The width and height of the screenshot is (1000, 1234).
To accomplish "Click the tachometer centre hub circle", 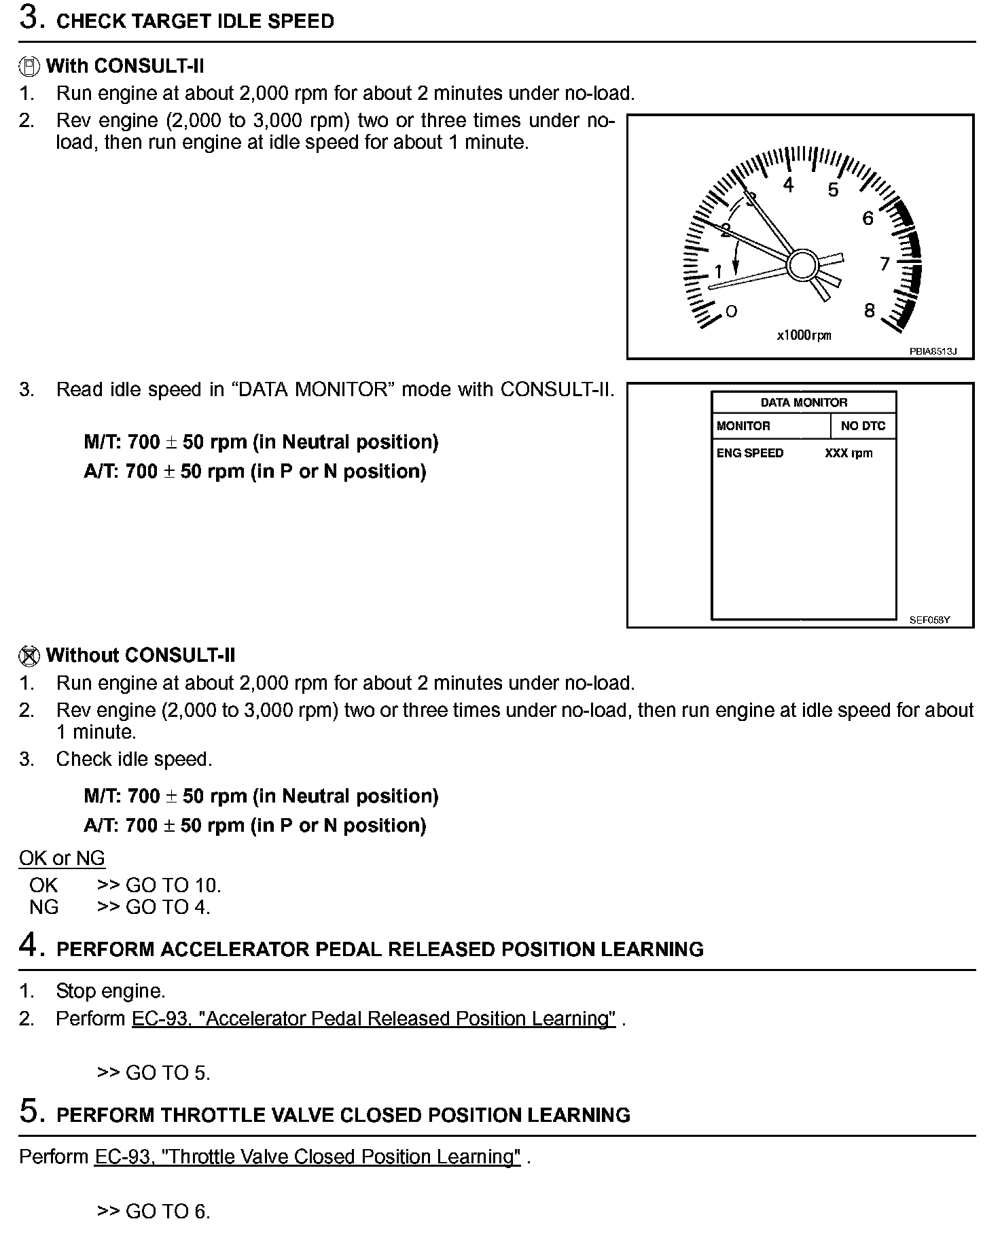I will tap(803, 264).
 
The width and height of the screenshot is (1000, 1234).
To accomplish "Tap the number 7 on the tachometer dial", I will tap(885, 264).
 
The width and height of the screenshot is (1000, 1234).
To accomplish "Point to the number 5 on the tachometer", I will tap(833, 190).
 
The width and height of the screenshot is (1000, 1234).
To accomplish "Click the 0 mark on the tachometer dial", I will tap(731, 311).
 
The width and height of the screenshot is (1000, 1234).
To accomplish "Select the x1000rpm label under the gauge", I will tap(804, 335).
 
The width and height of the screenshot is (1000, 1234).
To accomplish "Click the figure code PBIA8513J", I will tap(933, 351).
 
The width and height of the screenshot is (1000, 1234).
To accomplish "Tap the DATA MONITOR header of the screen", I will tap(804, 402).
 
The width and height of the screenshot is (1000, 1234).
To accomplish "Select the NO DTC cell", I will tap(863, 426).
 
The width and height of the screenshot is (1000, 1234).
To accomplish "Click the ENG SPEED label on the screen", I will tap(750, 453).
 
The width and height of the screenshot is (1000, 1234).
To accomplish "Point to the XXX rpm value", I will tap(849, 453).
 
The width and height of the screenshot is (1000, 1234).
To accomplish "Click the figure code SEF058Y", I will tap(929, 620).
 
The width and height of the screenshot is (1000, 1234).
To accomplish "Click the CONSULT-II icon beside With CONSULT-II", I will tap(29, 67).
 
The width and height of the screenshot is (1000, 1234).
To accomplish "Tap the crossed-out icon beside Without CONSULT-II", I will tap(29, 656).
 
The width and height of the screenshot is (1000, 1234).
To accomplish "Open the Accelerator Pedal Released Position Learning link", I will tap(374, 1019).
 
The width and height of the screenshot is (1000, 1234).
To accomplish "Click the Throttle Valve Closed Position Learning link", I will tap(308, 1157).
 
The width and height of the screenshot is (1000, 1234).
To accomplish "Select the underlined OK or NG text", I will tap(62, 858).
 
